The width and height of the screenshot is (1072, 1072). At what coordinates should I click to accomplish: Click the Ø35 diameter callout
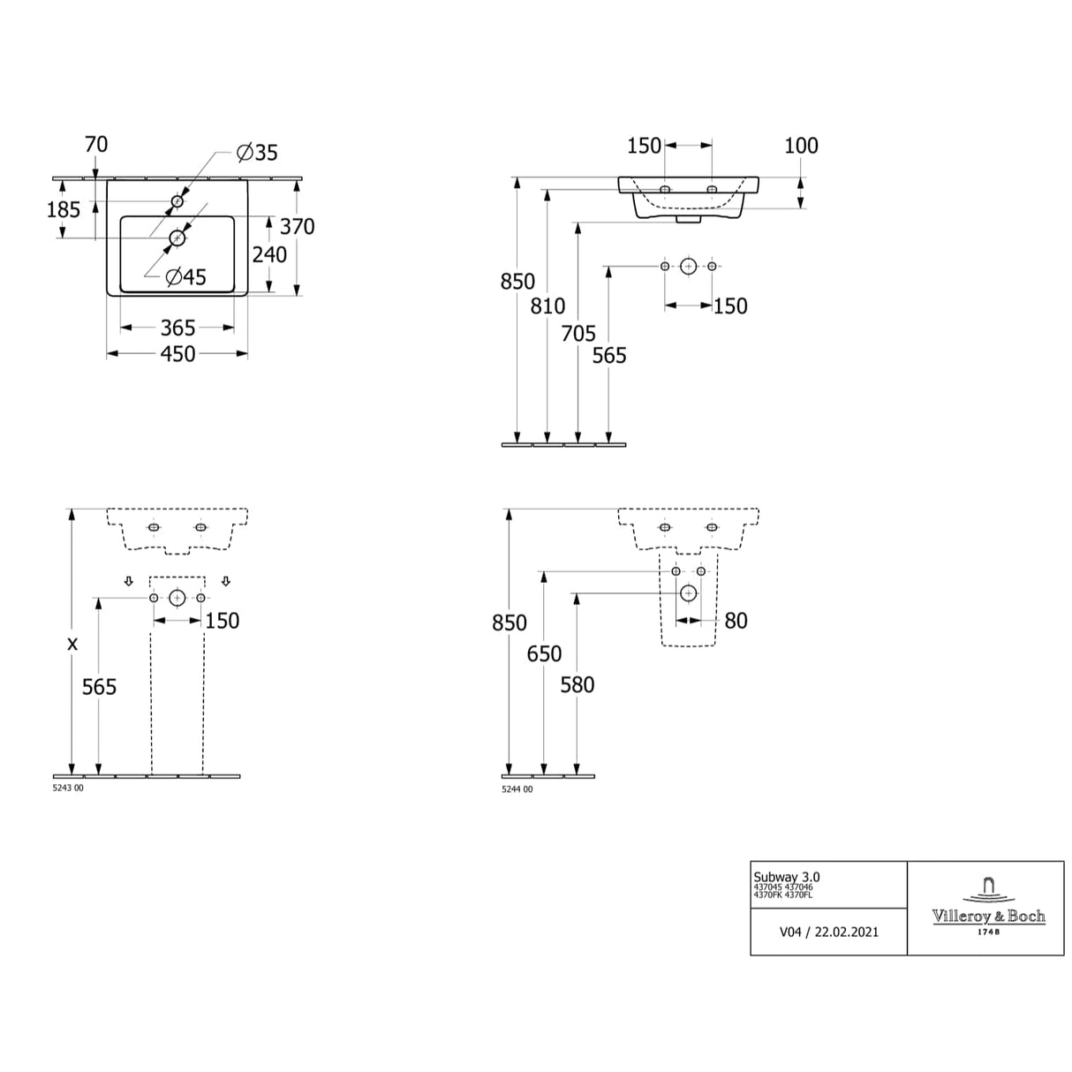point(257,153)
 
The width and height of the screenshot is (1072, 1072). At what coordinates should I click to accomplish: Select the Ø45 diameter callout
point(185,277)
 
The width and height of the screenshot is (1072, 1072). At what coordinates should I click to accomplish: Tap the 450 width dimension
point(177,354)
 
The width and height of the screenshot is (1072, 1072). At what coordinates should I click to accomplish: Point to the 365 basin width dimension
point(177,328)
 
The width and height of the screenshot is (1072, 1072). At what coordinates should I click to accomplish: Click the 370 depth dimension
point(298,227)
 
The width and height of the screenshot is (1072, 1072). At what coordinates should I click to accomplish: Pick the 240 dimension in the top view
point(269,254)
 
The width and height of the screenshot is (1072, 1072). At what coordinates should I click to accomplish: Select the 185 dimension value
point(64,209)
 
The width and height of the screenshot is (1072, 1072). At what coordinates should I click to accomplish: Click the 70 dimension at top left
point(95,144)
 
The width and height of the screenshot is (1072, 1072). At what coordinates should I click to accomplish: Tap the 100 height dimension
point(801,146)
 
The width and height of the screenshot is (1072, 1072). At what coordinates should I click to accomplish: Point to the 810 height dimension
point(547,306)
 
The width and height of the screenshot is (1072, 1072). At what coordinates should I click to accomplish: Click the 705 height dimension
point(578,334)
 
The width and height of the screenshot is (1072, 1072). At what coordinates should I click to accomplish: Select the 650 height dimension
point(544,653)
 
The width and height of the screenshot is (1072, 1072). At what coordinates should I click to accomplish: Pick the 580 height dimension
point(577,684)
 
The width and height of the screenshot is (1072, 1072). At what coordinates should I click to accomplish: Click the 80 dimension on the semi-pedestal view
point(736,621)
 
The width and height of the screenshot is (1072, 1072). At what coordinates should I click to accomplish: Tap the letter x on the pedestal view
point(72,644)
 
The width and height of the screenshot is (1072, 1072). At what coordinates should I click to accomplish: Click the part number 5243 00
point(68,789)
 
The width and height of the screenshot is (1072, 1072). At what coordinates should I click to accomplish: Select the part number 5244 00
point(517,789)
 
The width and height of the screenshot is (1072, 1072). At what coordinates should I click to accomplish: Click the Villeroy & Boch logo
point(988,908)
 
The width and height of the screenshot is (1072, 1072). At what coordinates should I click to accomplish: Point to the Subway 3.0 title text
point(786,876)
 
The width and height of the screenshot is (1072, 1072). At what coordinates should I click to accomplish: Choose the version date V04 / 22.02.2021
point(828,932)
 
